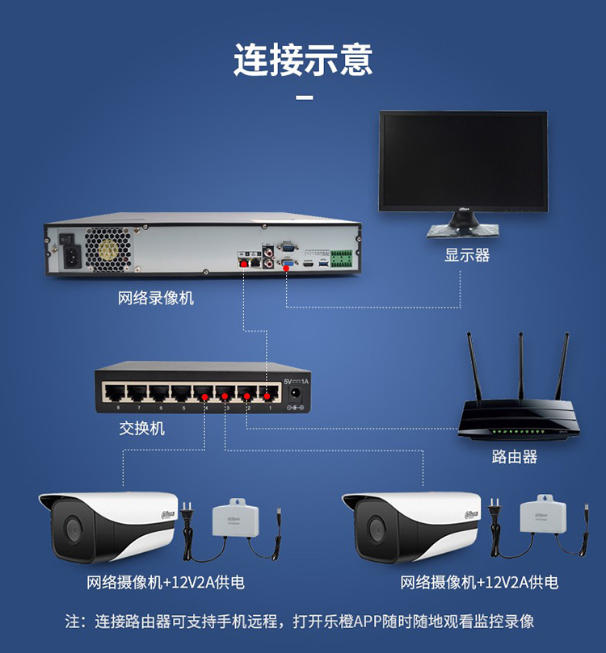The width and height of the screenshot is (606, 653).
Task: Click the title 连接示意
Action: click(x=303, y=59)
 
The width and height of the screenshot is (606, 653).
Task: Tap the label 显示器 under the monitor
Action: click(x=467, y=255)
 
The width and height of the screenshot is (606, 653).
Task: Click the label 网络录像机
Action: click(x=156, y=298)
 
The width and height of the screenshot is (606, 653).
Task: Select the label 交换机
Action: click(x=141, y=428)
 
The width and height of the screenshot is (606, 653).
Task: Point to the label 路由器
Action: click(x=515, y=456)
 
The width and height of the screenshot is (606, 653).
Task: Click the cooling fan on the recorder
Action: click(x=109, y=249)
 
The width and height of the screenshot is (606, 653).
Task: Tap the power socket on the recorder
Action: click(x=72, y=257)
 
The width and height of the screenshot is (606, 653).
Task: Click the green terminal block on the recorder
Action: click(x=341, y=258)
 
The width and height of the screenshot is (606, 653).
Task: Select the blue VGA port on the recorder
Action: click(x=288, y=264)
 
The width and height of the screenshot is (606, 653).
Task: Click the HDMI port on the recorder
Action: click(x=308, y=264)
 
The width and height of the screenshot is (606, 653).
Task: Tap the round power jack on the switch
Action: click(x=296, y=393)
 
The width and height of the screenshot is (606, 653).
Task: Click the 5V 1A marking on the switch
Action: click(x=297, y=382)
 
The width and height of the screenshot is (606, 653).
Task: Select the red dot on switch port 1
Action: click(x=267, y=396)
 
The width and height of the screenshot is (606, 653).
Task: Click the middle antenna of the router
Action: click(x=520, y=366)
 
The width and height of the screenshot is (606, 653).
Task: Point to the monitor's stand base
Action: click(x=463, y=230)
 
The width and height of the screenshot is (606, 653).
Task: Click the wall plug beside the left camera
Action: click(x=187, y=515)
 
